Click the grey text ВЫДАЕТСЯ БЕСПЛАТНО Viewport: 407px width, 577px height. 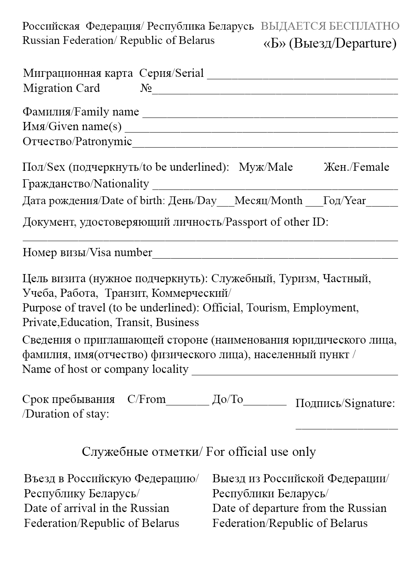point(330,26)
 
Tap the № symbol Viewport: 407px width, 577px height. point(146,88)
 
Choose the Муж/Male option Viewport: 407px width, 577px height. point(265,167)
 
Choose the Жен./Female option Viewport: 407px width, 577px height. point(356,167)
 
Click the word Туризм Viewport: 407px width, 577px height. point(299,279)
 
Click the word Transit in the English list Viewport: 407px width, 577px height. point(132,322)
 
